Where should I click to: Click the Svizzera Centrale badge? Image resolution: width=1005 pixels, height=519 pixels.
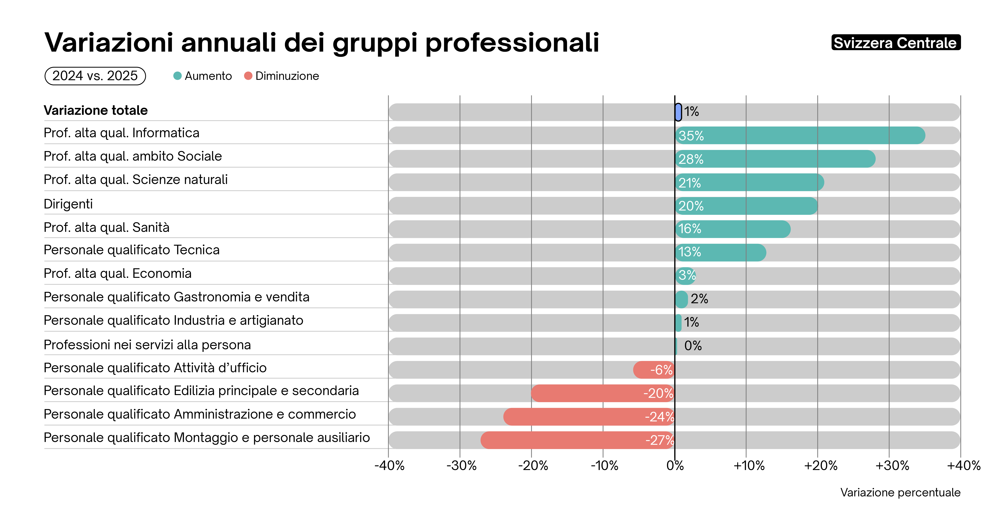[x=896, y=42]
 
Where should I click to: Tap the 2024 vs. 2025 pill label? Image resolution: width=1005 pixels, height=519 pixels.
[x=95, y=76]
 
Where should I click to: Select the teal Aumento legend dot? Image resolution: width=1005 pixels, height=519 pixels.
[x=177, y=76]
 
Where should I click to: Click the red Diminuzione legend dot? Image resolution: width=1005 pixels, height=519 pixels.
[x=248, y=76]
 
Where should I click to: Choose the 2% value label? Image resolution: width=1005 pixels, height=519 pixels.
[x=699, y=299]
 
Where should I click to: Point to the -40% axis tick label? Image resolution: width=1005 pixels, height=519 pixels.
[x=389, y=466]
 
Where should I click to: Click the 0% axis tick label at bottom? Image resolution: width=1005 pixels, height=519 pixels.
[x=675, y=466]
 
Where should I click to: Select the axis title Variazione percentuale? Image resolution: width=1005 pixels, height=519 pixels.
[x=900, y=492]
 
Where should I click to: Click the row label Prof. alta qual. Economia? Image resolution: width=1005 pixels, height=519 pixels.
[x=117, y=274]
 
